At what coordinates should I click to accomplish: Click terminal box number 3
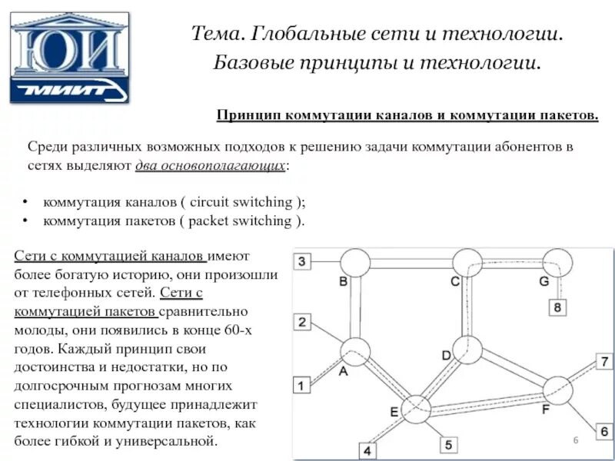click(x=302, y=261)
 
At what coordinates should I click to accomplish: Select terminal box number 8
click(x=559, y=308)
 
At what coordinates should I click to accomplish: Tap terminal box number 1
click(x=302, y=384)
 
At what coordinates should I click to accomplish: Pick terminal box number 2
click(x=302, y=322)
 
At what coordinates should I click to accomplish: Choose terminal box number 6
click(x=604, y=432)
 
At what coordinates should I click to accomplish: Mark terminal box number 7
click(x=604, y=363)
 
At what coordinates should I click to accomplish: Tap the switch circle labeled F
click(x=557, y=390)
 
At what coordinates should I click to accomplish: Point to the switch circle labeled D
click(x=467, y=350)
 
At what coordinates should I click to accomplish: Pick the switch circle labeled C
click(x=467, y=263)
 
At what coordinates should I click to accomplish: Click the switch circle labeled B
click(x=355, y=263)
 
